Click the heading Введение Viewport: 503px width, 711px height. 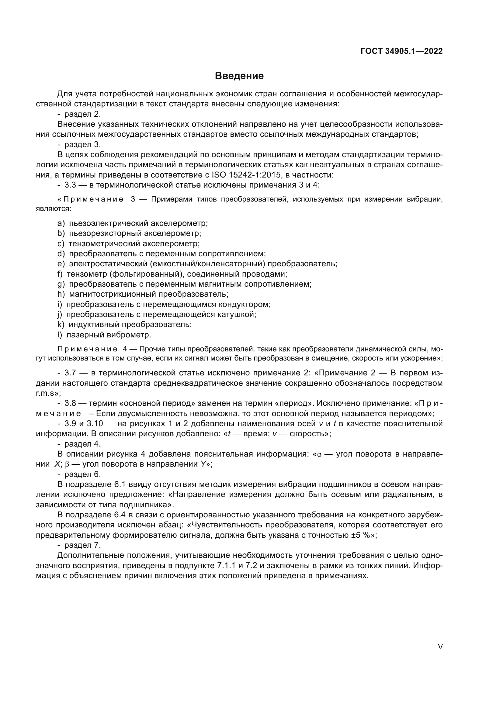pos(239,76)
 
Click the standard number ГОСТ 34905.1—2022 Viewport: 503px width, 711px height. pos(401,51)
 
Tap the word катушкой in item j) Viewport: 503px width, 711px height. pos(238,315)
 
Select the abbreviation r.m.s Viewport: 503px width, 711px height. pos(45,393)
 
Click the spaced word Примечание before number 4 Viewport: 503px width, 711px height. pos(87,349)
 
